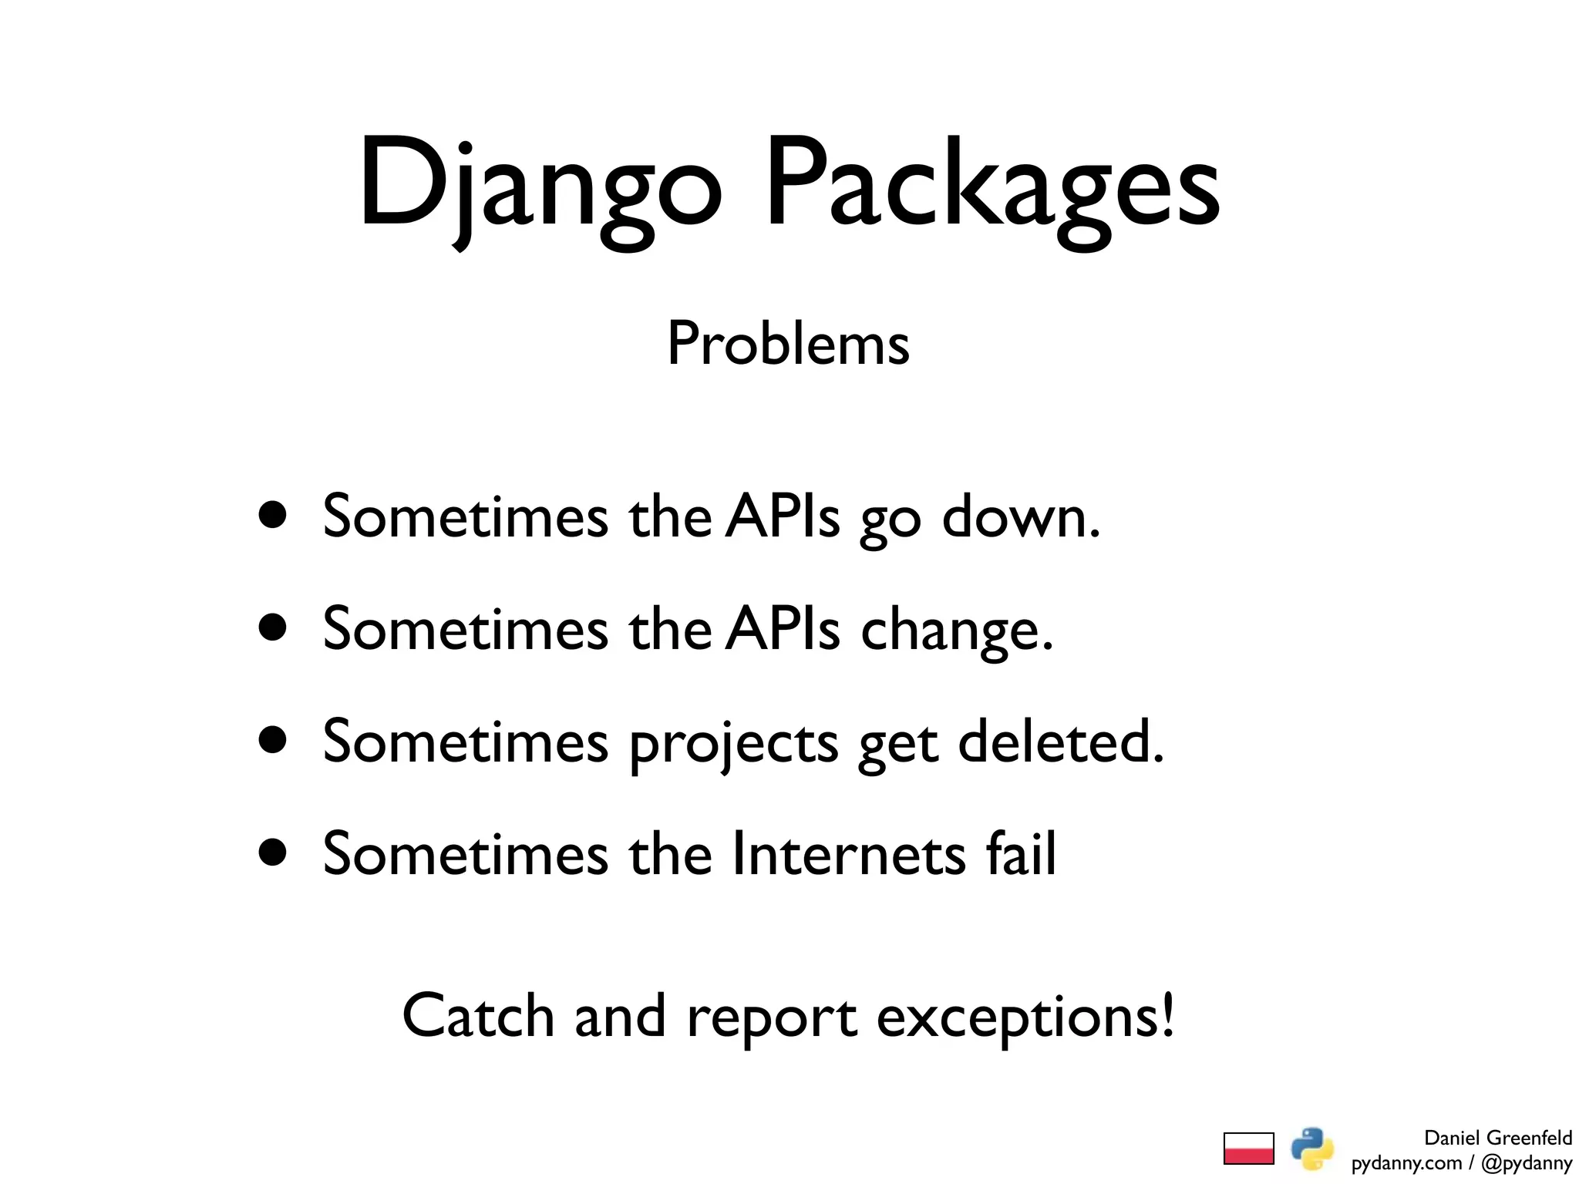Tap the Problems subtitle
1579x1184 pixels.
[788, 344]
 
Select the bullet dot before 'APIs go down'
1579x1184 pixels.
[273, 515]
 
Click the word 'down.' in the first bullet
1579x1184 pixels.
[1021, 516]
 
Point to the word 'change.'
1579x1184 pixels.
[956, 629]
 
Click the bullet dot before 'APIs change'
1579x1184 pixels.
[273, 627]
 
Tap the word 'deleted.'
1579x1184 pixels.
[1060, 741]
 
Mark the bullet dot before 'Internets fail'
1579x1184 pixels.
[273, 853]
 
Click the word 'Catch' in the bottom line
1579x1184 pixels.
[478, 1016]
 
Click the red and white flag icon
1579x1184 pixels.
[1248, 1148]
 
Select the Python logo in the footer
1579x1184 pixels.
[1312, 1148]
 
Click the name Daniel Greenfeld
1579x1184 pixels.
[1497, 1138]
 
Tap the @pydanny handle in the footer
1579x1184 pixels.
[1526, 1162]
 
